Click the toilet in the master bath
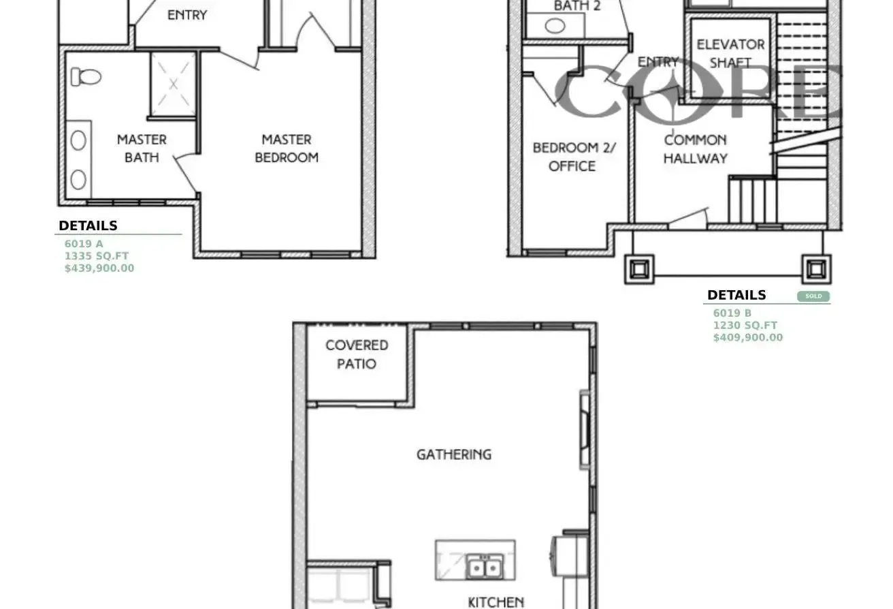point(86,76)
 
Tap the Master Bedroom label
point(287,149)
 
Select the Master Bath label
point(142,149)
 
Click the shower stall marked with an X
point(173,84)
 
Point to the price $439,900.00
point(99,268)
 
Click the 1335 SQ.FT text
point(97,256)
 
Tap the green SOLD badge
point(813,296)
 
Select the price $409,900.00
point(748,338)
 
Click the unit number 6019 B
point(732,313)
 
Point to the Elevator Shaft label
point(731,54)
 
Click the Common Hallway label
point(696,149)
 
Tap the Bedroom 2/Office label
point(574,157)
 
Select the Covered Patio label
point(357,354)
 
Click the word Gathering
point(454,454)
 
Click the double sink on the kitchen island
point(485,567)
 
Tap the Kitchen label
point(496,602)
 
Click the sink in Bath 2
point(555,26)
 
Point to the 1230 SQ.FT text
point(745,326)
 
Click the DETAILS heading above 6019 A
point(88,226)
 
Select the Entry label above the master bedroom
point(187,15)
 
